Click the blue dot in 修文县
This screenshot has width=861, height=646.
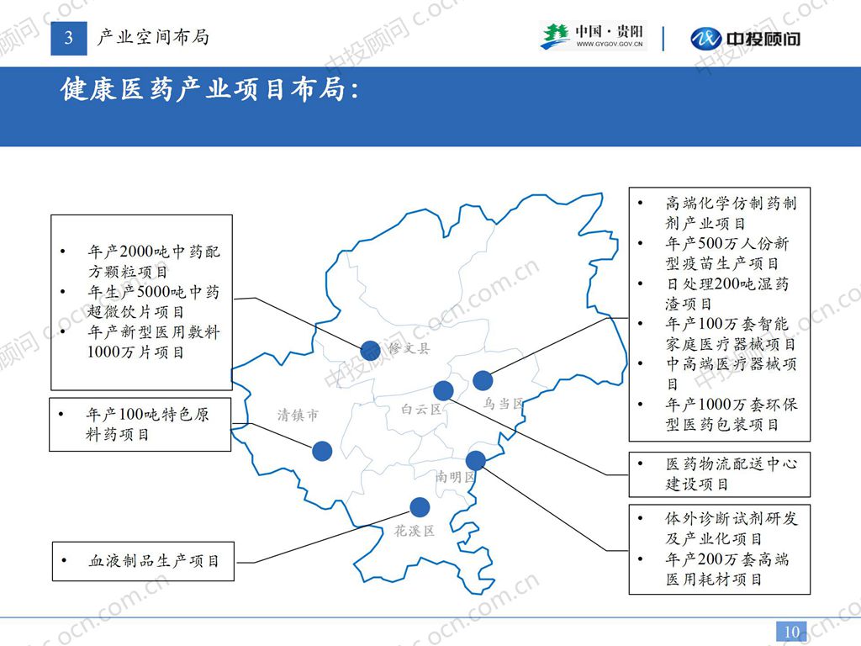[x=370, y=351]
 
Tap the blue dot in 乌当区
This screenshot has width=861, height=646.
[x=482, y=380]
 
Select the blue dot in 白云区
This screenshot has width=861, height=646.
[x=443, y=390]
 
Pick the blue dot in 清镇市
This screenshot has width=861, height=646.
[x=322, y=451]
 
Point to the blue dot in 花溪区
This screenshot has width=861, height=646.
[x=419, y=506]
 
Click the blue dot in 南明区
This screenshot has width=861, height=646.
[x=475, y=460]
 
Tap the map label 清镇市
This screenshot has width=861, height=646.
[x=298, y=415]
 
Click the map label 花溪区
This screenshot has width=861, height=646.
[x=415, y=531]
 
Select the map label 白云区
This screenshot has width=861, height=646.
[x=421, y=410]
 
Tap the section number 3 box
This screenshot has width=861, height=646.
[x=69, y=37]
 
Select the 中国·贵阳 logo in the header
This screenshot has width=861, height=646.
[x=593, y=36]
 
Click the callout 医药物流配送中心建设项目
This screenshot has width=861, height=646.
[x=720, y=474]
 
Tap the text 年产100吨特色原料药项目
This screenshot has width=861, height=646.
[x=141, y=425]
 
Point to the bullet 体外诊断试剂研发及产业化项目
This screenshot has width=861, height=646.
[x=723, y=528]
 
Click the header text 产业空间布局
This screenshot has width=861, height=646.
[x=153, y=37]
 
